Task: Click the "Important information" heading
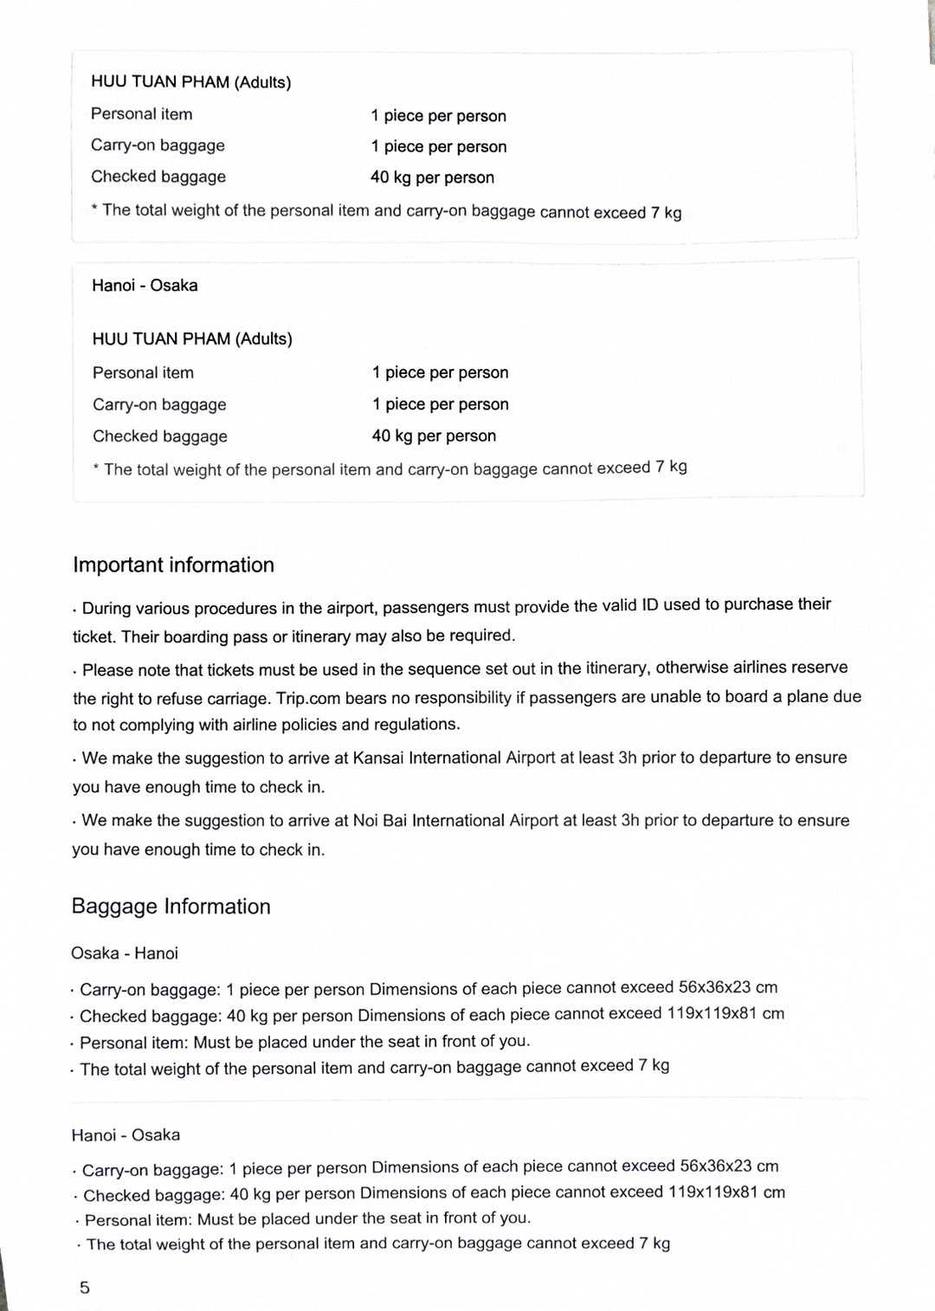173,565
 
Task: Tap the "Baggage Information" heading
171,907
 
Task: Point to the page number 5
84,1288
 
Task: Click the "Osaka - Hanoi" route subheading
125,953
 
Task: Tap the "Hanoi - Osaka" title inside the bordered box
145,286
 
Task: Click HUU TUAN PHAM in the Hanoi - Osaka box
161,339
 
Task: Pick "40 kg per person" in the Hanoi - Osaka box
434,436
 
